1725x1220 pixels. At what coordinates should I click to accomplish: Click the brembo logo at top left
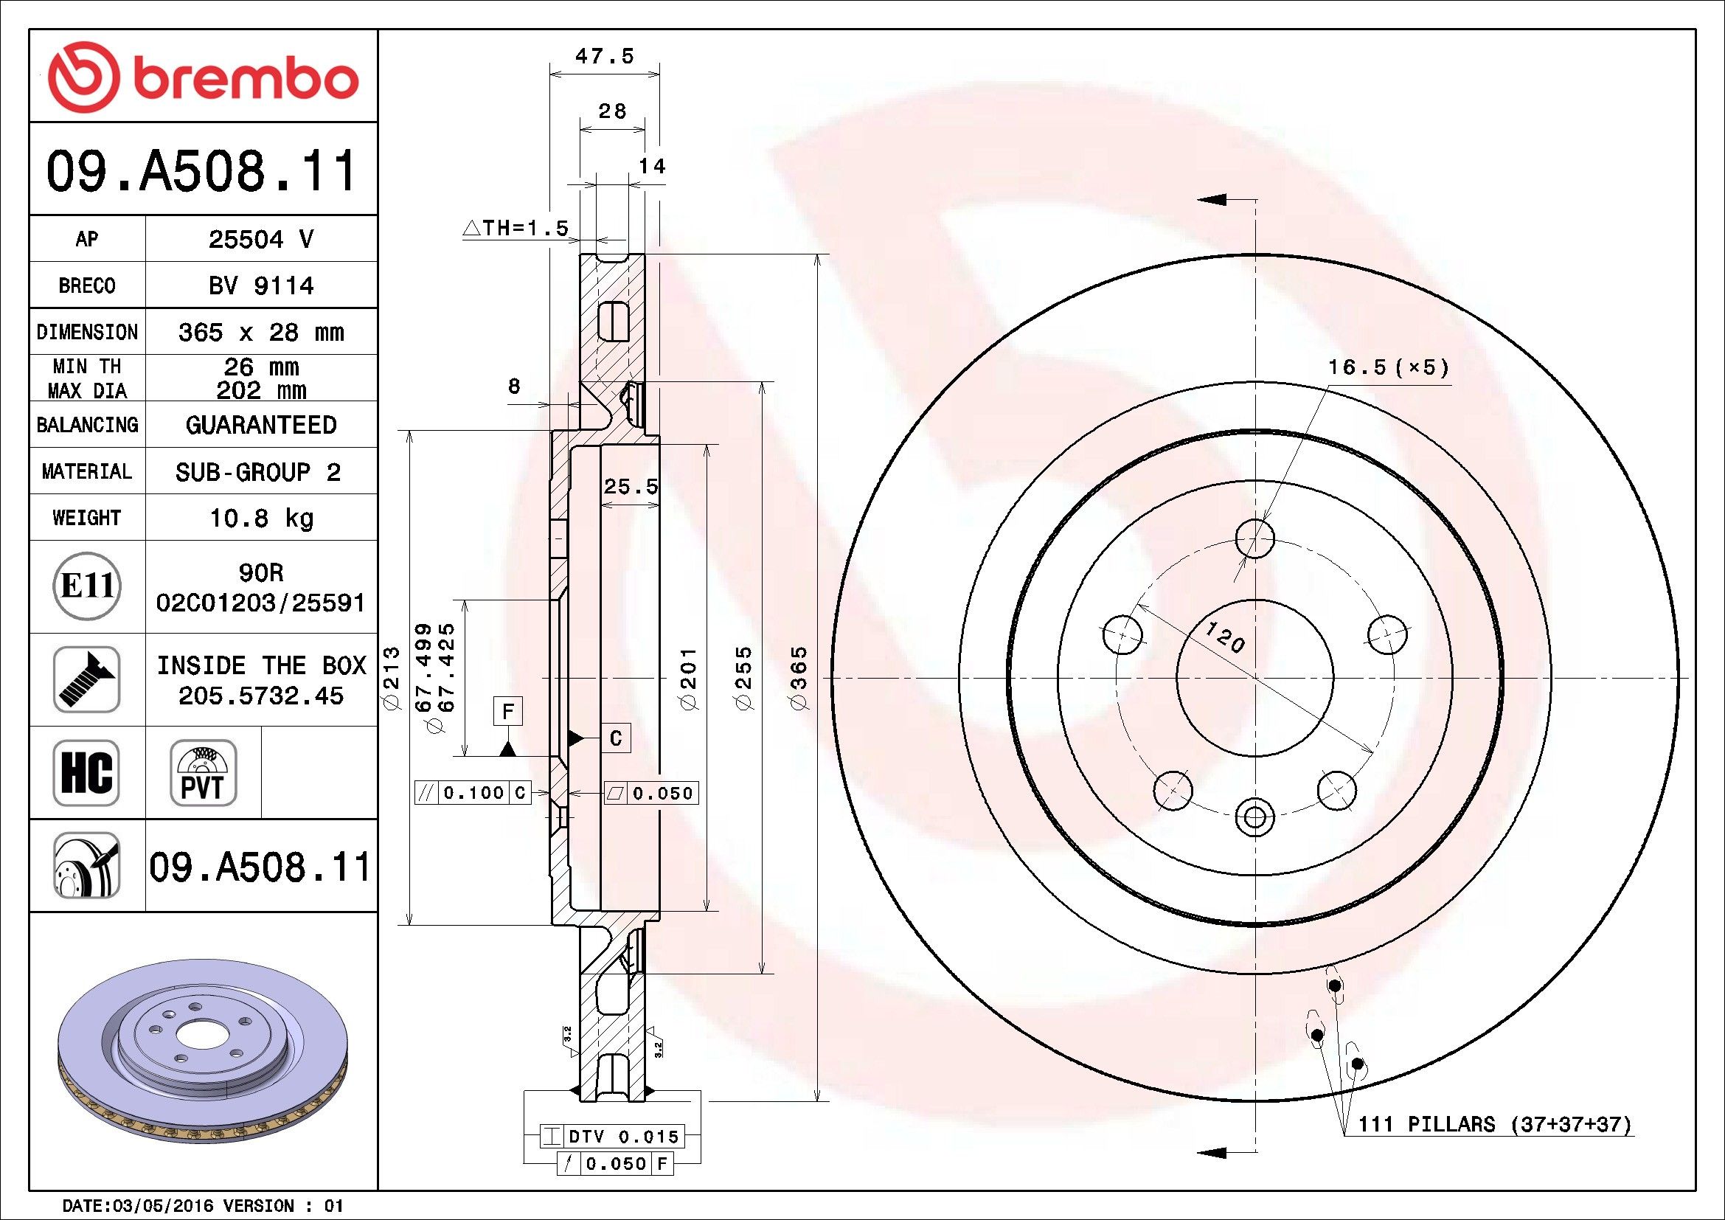pos(203,78)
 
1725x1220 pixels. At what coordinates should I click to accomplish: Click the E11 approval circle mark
pos(87,586)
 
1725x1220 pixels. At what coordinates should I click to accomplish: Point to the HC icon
pos(86,773)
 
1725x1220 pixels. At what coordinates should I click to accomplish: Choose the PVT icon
pos(203,773)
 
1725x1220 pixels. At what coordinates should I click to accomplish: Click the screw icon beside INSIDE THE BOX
pos(86,679)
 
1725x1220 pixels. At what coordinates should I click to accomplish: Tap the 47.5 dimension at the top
pos(605,56)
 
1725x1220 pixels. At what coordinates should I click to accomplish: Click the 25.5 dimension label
pos(631,487)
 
